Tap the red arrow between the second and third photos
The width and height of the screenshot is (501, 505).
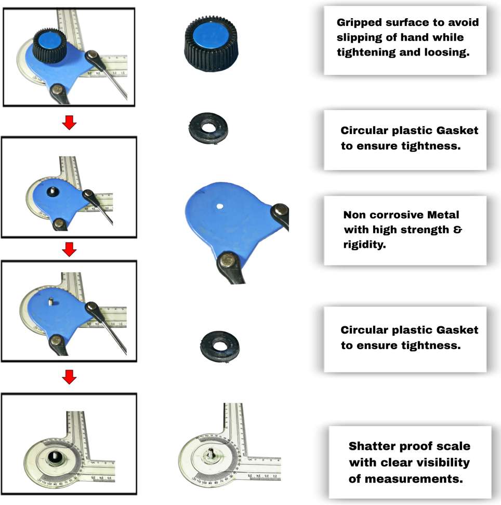click(x=69, y=250)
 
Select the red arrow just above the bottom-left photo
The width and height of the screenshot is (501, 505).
click(x=69, y=378)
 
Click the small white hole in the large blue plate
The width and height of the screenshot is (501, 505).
click(x=220, y=206)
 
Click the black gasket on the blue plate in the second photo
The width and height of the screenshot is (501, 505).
click(x=52, y=192)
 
